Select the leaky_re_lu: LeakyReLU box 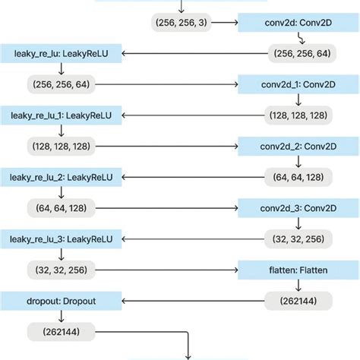[x=60, y=54]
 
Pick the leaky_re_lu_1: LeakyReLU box [x=60, y=116]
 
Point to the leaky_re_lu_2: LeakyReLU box [x=60, y=176]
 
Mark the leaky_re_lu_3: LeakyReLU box [x=60, y=238]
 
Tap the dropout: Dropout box [x=60, y=300]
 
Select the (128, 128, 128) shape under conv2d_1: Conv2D [x=298, y=115]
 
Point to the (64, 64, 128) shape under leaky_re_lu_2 [x=61, y=207]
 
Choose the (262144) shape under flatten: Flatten [x=298, y=300]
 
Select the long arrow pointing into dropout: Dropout [x=194, y=300]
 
